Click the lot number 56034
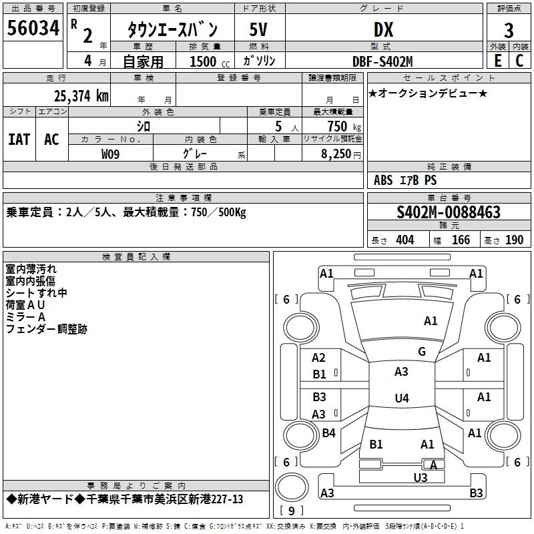(x=33, y=28)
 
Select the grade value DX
(x=383, y=29)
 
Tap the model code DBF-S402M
(x=382, y=61)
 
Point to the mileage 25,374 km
(x=81, y=96)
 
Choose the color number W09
(x=110, y=154)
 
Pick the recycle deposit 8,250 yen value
(x=340, y=154)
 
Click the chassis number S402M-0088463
(x=449, y=212)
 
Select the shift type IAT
(x=19, y=140)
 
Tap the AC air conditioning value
(x=51, y=140)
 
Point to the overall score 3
(x=509, y=31)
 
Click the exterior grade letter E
(x=497, y=61)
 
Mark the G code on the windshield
(x=422, y=351)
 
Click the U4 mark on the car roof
(x=402, y=398)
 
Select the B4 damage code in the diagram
(x=328, y=433)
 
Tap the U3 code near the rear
(x=421, y=477)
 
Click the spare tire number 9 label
(x=292, y=511)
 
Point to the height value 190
(x=514, y=240)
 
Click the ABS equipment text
(x=383, y=180)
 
